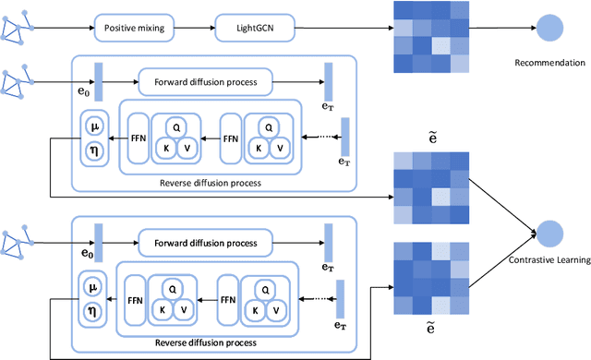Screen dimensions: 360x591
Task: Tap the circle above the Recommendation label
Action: pos(551,27)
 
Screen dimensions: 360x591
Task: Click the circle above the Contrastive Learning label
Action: pos(551,233)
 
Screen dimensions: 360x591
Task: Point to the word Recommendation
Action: pos(551,64)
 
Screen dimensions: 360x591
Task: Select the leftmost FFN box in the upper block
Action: pos(139,139)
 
